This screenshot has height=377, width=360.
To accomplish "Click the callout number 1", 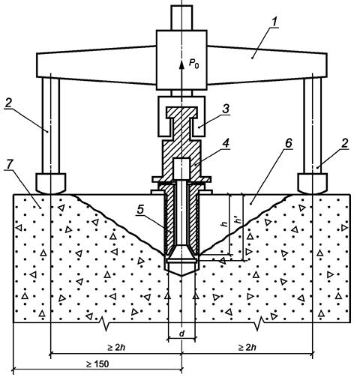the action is coord(274,22).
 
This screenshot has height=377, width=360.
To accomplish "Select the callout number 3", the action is coord(226,109).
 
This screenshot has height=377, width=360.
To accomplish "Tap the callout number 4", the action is coord(226,143).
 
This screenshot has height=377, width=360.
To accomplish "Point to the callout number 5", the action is coord(141,209).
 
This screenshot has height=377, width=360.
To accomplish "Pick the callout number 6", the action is coord(288,143).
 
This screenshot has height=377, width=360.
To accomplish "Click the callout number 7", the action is coord(9,164).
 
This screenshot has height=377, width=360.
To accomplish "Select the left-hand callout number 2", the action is coord(8,103).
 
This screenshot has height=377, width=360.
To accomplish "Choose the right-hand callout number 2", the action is coord(344,143).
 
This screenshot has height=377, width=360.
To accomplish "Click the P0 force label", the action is coord(193,64).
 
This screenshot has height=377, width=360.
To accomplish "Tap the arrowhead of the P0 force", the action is coord(181,64).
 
